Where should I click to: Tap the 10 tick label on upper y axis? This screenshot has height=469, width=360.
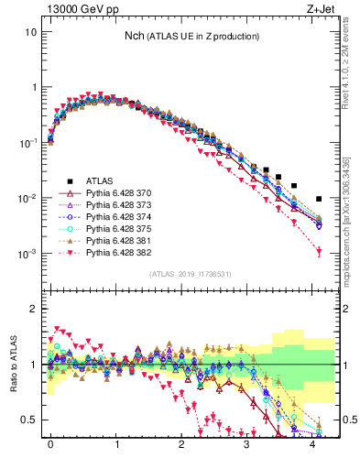coord(31,32)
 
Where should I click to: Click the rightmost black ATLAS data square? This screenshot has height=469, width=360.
coord(318,199)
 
